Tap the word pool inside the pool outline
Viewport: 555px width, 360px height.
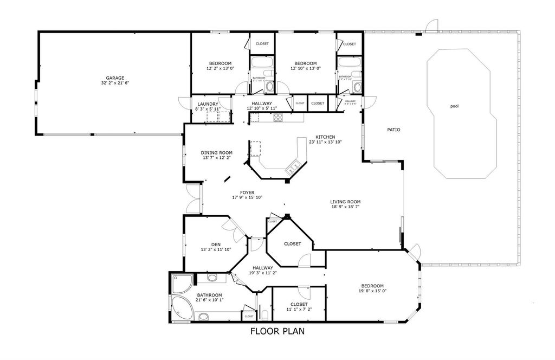coord(454,106)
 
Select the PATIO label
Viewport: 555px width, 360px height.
coord(393,130)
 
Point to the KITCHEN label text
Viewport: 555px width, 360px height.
coord(325,137)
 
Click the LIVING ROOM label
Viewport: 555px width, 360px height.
coord(345,202)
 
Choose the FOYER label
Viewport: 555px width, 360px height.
coord(247,192)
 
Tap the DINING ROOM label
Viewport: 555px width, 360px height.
coord(217,153)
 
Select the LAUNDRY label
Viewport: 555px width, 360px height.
coord(208,104)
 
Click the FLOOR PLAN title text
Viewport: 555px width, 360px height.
coord(277,331)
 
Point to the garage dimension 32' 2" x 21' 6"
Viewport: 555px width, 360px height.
coord(115,83)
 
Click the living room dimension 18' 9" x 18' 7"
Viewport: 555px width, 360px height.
coord(345,207)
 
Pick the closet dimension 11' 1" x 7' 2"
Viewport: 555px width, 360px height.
coord(299,309)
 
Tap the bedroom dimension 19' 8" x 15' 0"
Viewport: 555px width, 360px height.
coord(372,291)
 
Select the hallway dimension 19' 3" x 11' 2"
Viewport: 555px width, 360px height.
coord(262,273)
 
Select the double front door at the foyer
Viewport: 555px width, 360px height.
coord(191,199)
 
